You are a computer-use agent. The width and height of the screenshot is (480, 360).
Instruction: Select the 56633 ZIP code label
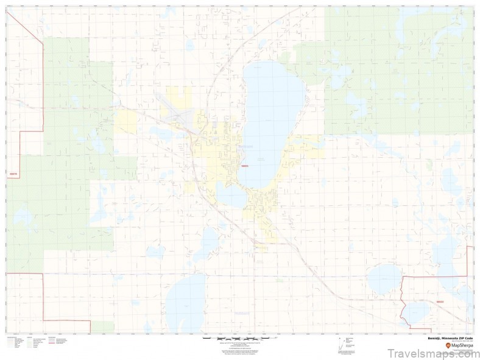[x=440, y=301]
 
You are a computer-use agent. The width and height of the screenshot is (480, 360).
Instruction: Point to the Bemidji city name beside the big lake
[x=245, y=146]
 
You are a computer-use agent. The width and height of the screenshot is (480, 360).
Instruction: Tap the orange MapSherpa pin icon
[x=448, y=345]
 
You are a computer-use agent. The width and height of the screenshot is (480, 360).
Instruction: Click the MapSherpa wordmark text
[x=462, y=345]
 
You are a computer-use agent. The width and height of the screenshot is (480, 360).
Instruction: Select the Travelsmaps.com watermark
[x=432, y=353]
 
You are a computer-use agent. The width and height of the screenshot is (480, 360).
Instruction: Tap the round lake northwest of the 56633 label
[x=385, y=278]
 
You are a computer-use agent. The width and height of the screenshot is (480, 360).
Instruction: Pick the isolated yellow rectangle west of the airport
[x=126, y=122]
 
